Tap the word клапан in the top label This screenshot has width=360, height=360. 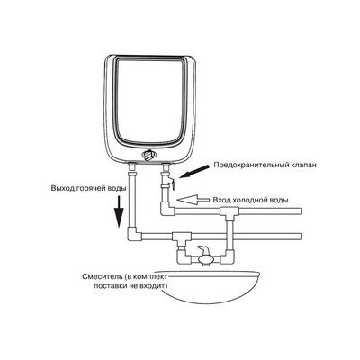tap(304, 165)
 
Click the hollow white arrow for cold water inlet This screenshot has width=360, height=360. tap(193, 199)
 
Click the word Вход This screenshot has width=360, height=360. tap(220, 200)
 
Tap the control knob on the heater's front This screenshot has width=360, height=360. tap(148, 155)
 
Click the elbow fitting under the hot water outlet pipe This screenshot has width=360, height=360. tap(133, 235)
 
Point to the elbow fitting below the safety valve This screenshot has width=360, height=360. tap(168, 209)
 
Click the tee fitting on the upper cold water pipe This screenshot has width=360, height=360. tap(229, 213)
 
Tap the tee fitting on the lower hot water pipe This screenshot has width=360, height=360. tap(182, 238)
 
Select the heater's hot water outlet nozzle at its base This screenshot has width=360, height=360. tap(132, 166)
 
